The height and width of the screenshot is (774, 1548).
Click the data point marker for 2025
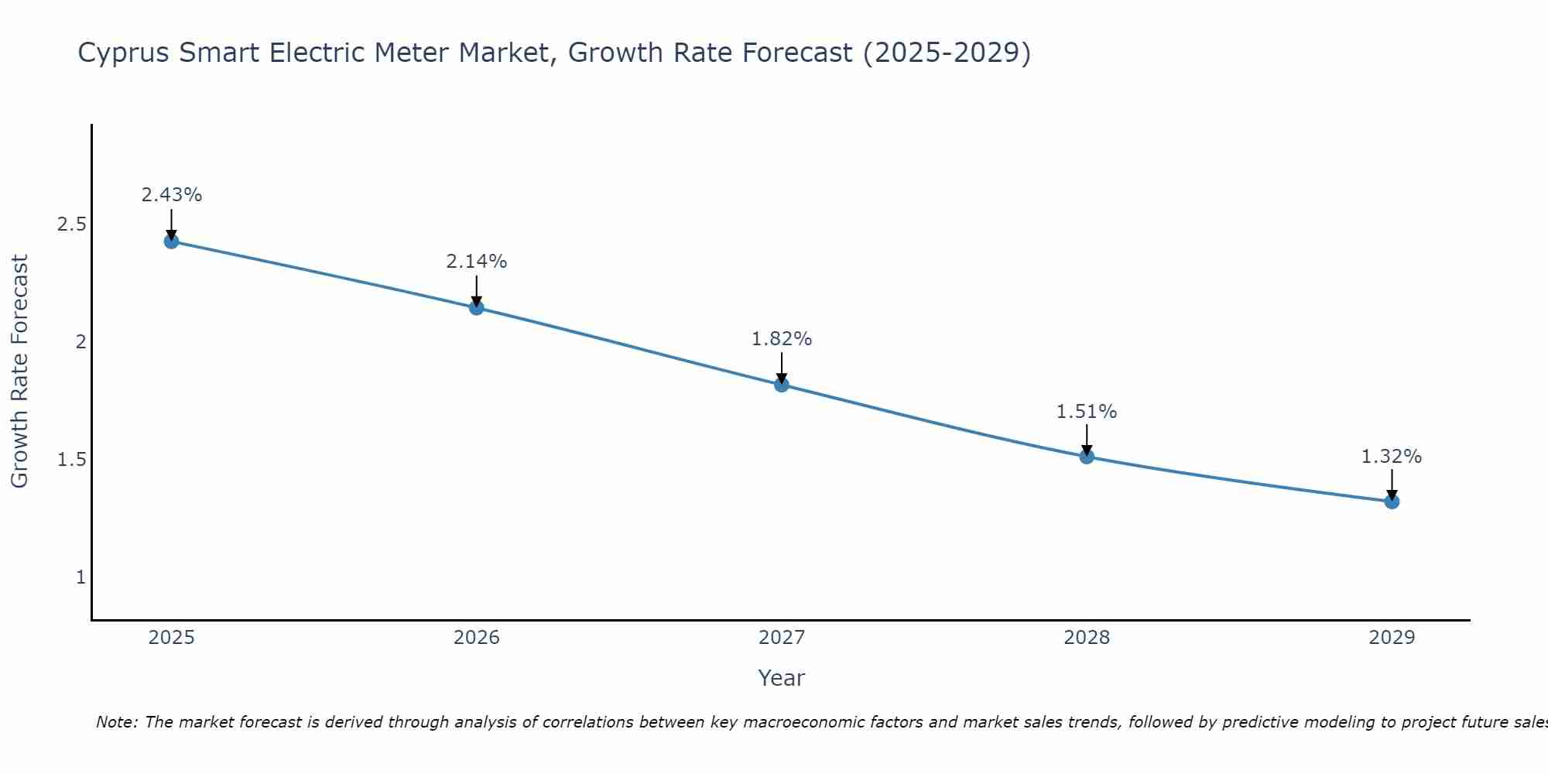point(172,241)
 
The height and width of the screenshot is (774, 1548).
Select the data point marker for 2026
point(477,308)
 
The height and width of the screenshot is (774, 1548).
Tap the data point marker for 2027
point(782,385)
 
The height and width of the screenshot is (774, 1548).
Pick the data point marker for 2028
point(1087,457)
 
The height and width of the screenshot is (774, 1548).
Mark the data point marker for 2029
point(1392,502)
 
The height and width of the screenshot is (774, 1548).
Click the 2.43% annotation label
point(172,195)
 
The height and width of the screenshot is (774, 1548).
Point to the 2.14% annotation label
point(477,262)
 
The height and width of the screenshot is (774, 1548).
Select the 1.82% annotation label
point(782,339)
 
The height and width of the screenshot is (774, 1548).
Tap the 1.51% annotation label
point(1087,412)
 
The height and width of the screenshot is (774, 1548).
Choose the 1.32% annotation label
point(1392,457)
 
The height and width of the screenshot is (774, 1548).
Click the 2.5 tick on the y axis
point(72,224)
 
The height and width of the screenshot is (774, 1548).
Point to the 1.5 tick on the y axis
point(72,460)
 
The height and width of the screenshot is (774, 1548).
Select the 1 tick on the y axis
point(80,577)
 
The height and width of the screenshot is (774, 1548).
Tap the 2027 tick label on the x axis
point(782,638)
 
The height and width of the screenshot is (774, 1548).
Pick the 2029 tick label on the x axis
point(1392,638)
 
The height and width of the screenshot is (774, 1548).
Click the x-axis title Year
point(782,678)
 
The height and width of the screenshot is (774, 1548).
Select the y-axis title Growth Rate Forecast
point(19,372)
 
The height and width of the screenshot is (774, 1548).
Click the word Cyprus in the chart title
point(125,53)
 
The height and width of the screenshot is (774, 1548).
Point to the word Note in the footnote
point(116,722)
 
